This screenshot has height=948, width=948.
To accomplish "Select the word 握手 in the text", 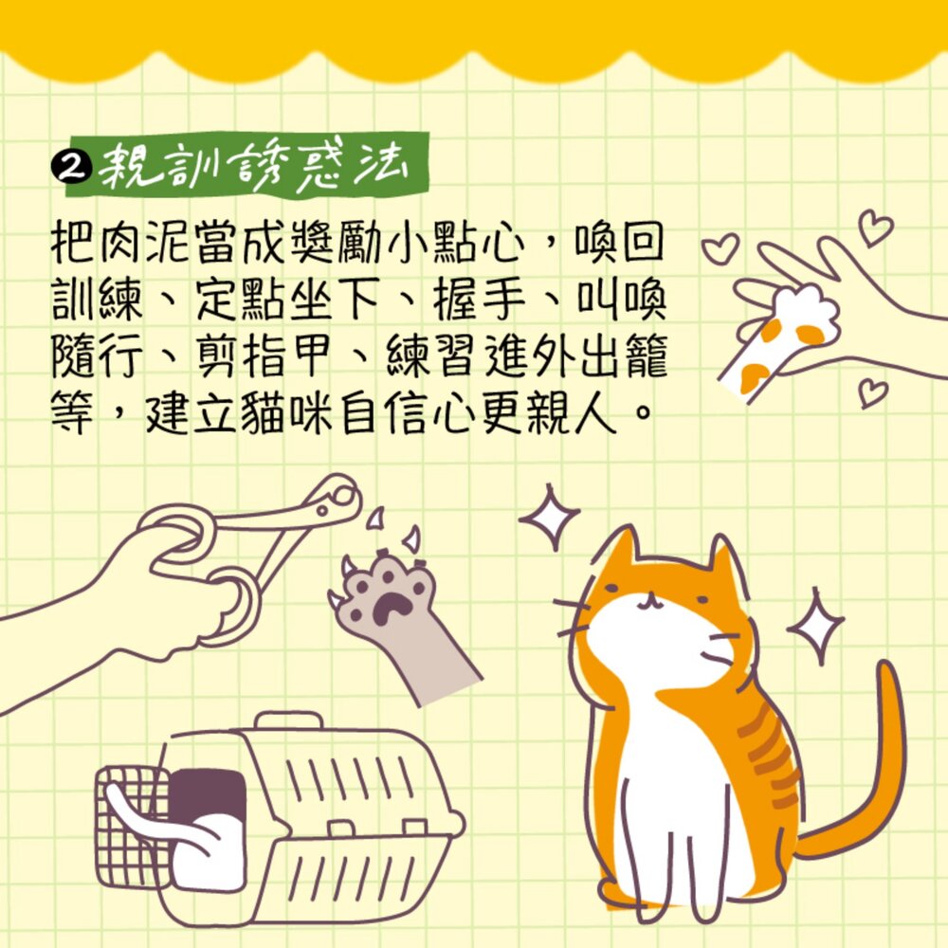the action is tap(478, 301).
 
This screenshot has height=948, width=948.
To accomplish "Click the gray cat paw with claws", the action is tap(399, 623).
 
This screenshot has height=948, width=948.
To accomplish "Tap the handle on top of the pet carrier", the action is tap(289, 721).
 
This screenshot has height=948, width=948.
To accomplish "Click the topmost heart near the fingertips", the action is tap(875, 227).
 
